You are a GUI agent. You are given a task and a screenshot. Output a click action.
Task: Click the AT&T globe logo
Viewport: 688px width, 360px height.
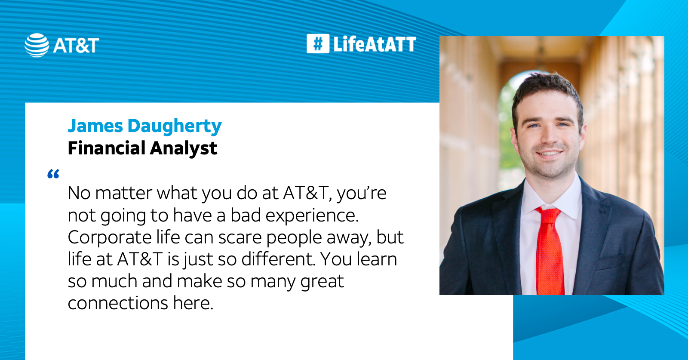37,45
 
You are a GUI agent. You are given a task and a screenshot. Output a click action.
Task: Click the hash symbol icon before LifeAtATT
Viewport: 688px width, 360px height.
318,44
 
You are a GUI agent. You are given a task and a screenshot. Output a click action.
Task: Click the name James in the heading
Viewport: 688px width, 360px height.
95,126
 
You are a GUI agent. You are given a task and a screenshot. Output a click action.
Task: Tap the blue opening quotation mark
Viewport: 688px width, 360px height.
53,174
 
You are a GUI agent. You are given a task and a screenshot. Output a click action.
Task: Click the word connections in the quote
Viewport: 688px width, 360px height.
118,303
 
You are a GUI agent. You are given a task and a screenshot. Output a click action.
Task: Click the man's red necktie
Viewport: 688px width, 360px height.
550,254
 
